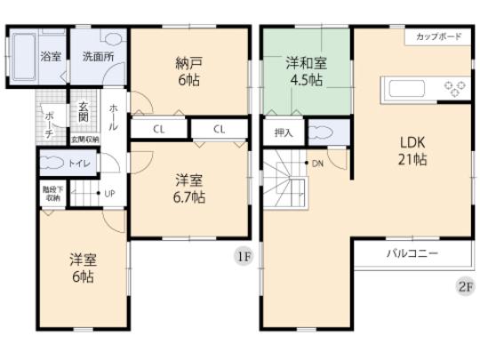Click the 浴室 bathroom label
50,56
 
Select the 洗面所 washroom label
98,56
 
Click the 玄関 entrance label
83,111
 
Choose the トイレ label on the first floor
79,163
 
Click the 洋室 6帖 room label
84,268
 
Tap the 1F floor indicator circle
243,257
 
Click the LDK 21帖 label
412,150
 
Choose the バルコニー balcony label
412,253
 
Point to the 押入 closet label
284,132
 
